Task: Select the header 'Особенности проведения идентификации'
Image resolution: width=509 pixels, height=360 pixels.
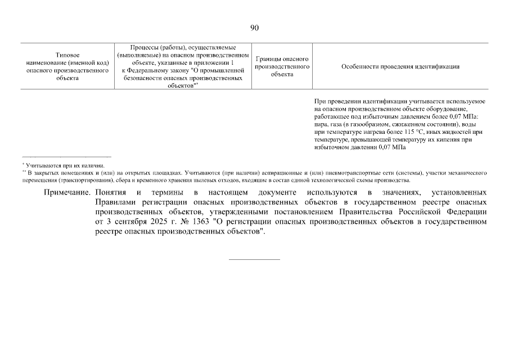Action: tap(400, 66)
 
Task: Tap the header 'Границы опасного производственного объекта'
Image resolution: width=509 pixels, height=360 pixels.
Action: tap(282, 66)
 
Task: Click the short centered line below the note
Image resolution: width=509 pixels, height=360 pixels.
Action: tap(254, 259)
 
